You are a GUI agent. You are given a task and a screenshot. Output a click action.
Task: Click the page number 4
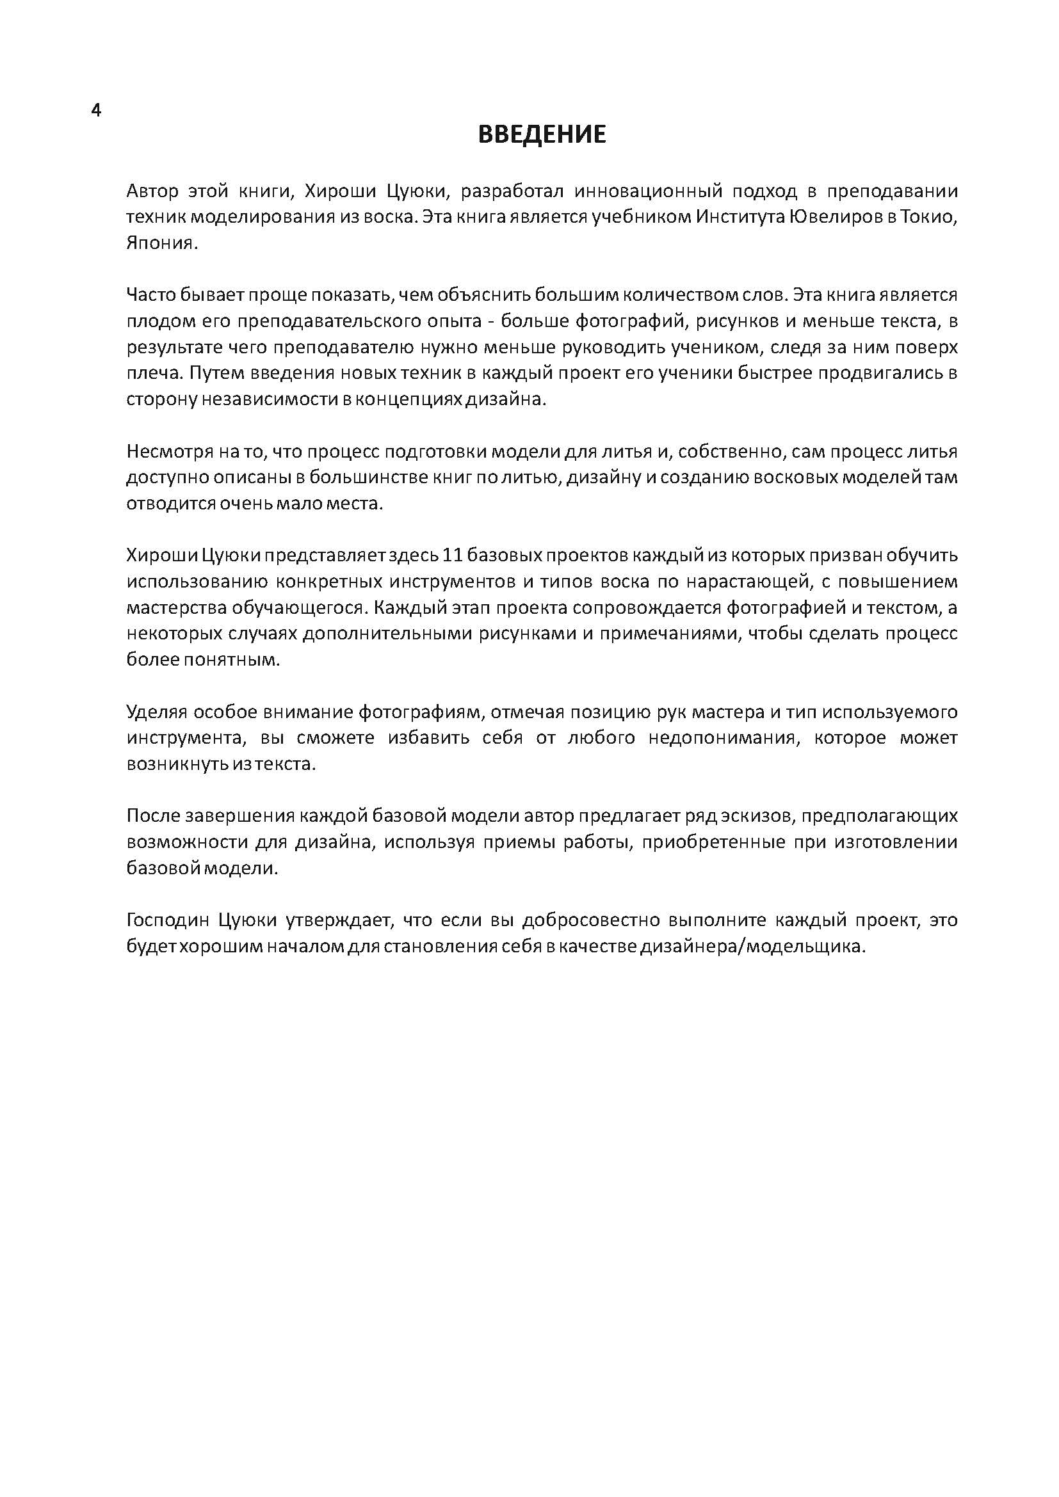pos(96,111)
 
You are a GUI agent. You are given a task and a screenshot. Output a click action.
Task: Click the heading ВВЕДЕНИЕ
pos(542,134)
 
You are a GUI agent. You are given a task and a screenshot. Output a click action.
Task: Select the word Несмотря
pos(163,451)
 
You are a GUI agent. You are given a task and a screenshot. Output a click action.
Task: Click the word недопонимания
pos(723,738)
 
